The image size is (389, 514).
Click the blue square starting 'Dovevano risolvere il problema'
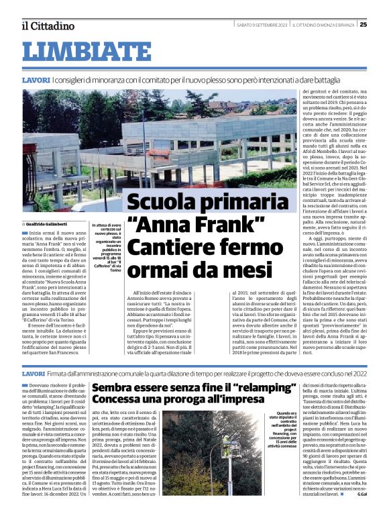coord(25,385)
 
